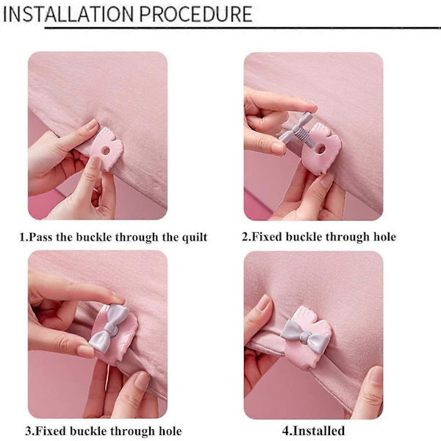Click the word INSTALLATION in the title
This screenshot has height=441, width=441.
(x=68, y=14)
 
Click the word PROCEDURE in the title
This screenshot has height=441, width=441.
(x=196, y=14)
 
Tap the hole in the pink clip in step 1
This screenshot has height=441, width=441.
(x=105, y=151)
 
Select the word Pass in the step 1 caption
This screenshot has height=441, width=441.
(x=40, y=237)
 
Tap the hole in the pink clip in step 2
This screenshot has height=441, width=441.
(x=320, y=148)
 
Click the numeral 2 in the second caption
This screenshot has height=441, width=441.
(x=245, y=237)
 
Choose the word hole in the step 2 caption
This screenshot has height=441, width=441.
(x=384, y=237)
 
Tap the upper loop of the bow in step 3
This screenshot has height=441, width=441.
(x=118, y=315)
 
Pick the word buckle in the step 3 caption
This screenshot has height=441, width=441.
(x=87, y=431)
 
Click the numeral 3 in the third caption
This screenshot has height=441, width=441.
(x=29, y=431)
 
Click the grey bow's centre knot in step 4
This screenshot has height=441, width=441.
(x=304, y=337)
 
